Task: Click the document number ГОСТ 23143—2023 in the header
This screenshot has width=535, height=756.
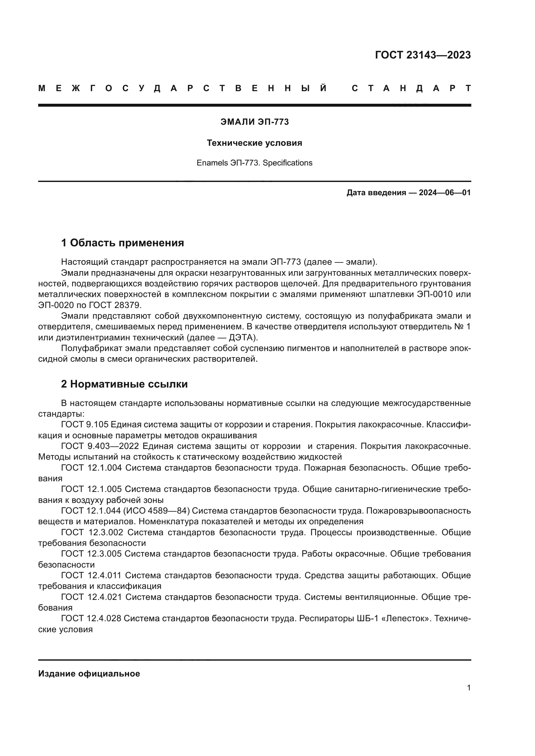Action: coord(423,55)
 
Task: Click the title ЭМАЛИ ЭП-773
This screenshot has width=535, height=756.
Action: coord(254,122)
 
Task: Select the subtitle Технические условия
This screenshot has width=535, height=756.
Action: coord(254,143)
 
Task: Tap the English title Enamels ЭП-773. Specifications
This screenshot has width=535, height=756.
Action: coord(254,163)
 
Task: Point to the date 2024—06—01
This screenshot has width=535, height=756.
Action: coord(444,193)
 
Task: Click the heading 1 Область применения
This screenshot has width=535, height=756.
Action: coord(122,243)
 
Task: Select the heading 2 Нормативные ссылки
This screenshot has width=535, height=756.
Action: coord(124,384)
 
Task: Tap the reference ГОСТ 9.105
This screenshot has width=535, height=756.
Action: coord(85,425)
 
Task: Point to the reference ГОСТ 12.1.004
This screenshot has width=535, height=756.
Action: coord(91,468)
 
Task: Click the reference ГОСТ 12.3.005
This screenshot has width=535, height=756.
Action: coord(91,554)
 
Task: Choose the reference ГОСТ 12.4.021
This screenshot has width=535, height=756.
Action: coord(91,597)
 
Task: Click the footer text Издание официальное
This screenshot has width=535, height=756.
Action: coord(89,674)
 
